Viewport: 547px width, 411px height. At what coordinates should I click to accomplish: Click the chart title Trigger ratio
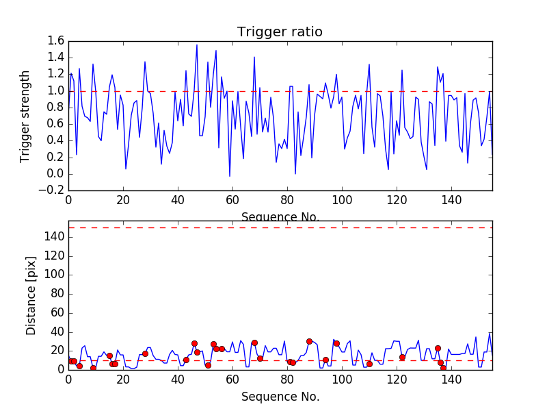pos(280,32)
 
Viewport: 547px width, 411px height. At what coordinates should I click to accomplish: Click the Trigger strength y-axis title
pos(25,116)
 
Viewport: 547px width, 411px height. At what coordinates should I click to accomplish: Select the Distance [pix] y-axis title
pos(31,297)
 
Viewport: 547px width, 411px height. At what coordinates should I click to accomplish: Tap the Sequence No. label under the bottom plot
pos(280,397)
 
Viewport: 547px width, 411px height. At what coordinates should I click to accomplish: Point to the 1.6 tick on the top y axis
pos(56,41)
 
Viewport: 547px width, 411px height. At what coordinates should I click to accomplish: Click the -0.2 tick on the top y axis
pos(53,190)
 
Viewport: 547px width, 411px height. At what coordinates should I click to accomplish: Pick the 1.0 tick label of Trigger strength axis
pos(56,91)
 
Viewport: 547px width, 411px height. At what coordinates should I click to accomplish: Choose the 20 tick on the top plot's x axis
pos(123,200)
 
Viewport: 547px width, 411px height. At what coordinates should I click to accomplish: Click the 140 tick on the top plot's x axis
pos(451,200)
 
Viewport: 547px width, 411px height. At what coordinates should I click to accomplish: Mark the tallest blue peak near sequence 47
pos(197,45)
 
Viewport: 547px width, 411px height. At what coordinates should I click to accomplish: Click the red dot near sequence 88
pos(309,341)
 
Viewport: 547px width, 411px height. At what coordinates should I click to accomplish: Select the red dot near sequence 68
pos(254,342)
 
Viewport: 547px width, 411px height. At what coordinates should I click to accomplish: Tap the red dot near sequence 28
pos(145,353)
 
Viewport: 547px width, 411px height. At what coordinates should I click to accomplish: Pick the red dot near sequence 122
pos(402,357)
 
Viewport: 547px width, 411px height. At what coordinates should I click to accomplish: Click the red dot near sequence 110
pos(369,364)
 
